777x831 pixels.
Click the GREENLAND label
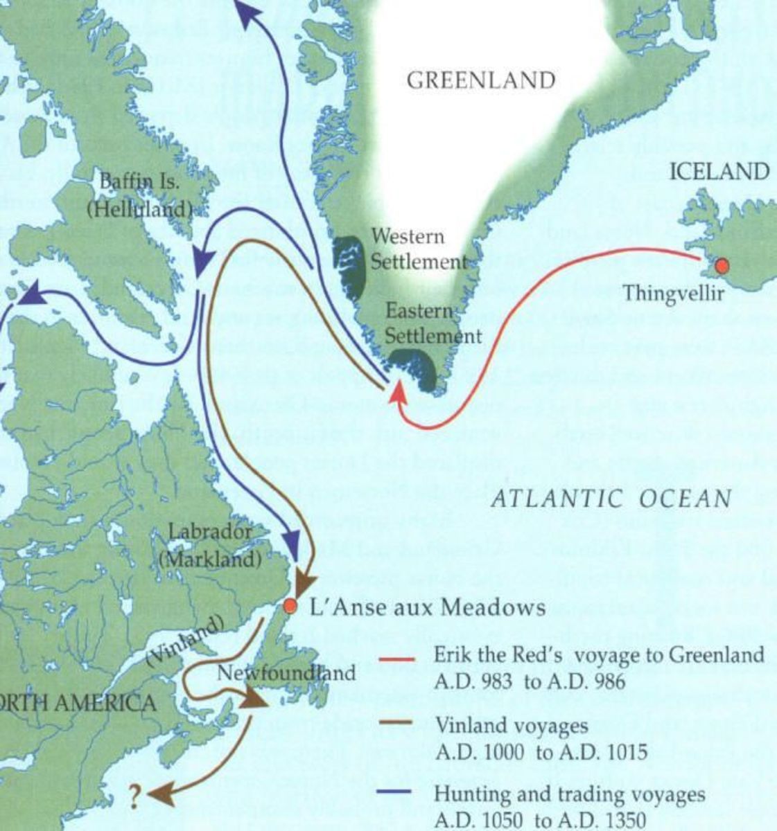[x=480, y=80]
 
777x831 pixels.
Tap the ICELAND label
[x=719, y=171]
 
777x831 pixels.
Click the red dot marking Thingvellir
[x=722, y=266]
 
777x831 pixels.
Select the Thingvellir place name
[x=672, y=293]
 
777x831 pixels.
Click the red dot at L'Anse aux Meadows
[x=290, y=607]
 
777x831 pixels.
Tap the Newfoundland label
[x=286, y=672]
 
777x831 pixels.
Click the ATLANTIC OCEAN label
[x=611, y=498]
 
